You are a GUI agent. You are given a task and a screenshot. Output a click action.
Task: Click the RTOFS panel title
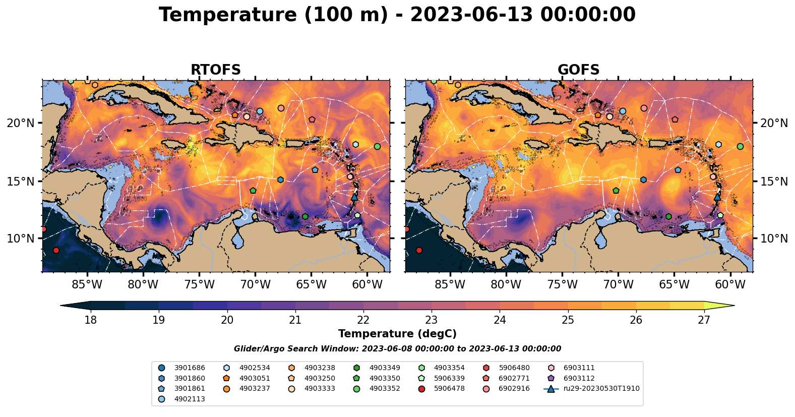pyautogui.click(x=215, y=70)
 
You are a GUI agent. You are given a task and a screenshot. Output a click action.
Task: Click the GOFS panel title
pyautogui.click(x=578, y=70)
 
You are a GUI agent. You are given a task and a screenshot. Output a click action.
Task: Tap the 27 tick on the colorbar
pyautogui.click(x=704, y=320)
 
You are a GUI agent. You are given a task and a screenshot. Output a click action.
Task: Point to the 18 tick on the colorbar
pyautogui.click(x=91, y=320)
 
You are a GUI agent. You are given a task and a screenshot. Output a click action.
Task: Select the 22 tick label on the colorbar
pyautogui.click(x=363, y=320)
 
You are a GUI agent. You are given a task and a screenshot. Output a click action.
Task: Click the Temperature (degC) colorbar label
pyautogui.click(x=397, y=334)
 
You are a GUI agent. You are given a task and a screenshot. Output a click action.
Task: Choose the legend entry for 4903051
pyautogui.click(x=255, y=378)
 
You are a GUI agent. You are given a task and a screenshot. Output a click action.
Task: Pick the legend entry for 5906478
pyautogui.click(x=449, y=389)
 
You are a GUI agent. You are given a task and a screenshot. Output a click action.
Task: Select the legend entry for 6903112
pyautogui.click(x=579, y=378)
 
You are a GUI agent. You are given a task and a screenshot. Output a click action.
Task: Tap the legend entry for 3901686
pyautogui.click(x=190, y=368)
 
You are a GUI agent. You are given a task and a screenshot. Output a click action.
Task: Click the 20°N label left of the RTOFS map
pyautogui.click(x=21, y=123)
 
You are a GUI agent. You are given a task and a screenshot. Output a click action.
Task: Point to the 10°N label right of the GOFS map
pyautogui.click(x=774, y=239)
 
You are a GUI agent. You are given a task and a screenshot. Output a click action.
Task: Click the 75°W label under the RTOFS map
pyautogui.click(x=199, y=284)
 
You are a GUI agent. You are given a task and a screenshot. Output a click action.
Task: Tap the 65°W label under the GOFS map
pyautogui.click(x=674, y=284)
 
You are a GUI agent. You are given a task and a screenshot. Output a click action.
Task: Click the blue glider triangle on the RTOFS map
pyautogui.click(x=354, y=196)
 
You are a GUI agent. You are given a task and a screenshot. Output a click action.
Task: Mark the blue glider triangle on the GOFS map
pyautogui.click(x=717, y=196)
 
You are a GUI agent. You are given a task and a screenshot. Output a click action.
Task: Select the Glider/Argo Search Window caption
pyautogui.click(x=397, y=349)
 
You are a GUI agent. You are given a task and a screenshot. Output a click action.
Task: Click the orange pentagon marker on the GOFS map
pyautogui.click(x=598, y=115)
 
